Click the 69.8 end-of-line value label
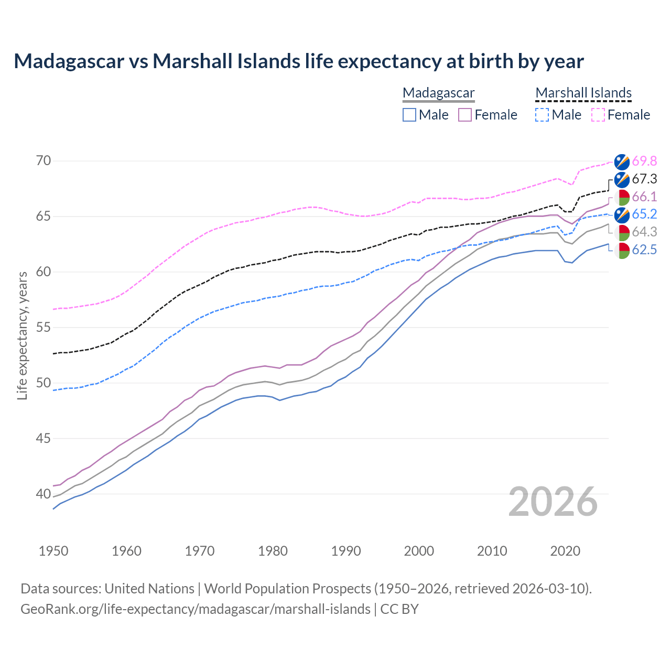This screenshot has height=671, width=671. (x=644, y=161)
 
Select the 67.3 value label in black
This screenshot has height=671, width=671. (x=644, y=179)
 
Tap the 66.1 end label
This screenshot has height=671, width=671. (x=644, y=197)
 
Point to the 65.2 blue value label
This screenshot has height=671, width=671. (x=644, y=214)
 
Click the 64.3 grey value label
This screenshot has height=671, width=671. (x=644, y=232)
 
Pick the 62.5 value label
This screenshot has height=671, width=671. (x=644, y=250)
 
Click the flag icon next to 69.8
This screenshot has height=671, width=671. (x=622, y=161)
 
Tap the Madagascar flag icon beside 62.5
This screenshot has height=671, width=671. (x=622, y=250)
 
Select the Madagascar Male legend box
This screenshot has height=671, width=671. (x=409, y=115)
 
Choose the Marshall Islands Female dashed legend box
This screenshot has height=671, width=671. (x=598, y=115)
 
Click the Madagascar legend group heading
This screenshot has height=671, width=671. (x=438, y=93)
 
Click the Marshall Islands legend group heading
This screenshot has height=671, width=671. (x=583, y=93)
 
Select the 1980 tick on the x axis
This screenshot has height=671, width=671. (x=273, y=551)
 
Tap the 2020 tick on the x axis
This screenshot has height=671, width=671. (x=565, y=551)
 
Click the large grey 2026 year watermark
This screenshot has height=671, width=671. (x=553, y=502)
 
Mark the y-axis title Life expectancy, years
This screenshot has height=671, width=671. (x=23, y=335)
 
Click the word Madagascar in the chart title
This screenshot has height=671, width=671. (x=69, y=61)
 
